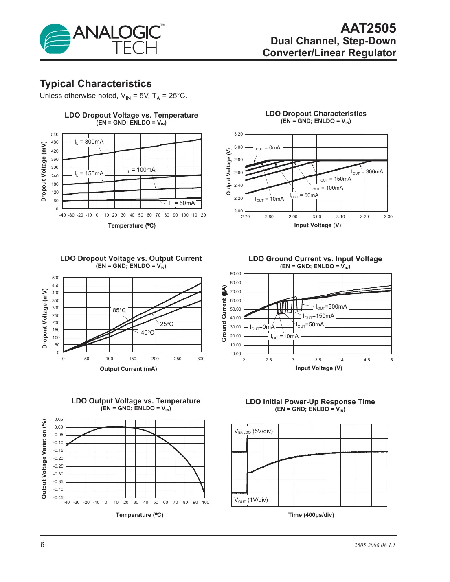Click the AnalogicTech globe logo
point(55,39)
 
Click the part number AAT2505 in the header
point(368,28)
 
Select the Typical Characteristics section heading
point(96,84)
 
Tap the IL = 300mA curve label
point(89,142)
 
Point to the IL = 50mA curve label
point(182,203)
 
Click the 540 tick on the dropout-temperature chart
point(55,134)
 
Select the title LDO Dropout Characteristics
point(316,114)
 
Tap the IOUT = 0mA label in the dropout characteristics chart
point(267,148)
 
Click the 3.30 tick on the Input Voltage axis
point(388,217)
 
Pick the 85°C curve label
point(119,310)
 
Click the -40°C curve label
point(147,333)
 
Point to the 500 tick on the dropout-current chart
point(56,278)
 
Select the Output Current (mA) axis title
point(128,369)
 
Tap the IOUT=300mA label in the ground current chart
point(331,306)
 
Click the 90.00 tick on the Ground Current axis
point(235,273)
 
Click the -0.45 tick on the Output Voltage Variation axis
point(59,497)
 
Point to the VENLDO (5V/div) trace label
point(253,431)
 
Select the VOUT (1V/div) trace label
point(251,500)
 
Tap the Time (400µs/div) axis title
point(311,515)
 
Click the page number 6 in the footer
point(42,545)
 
